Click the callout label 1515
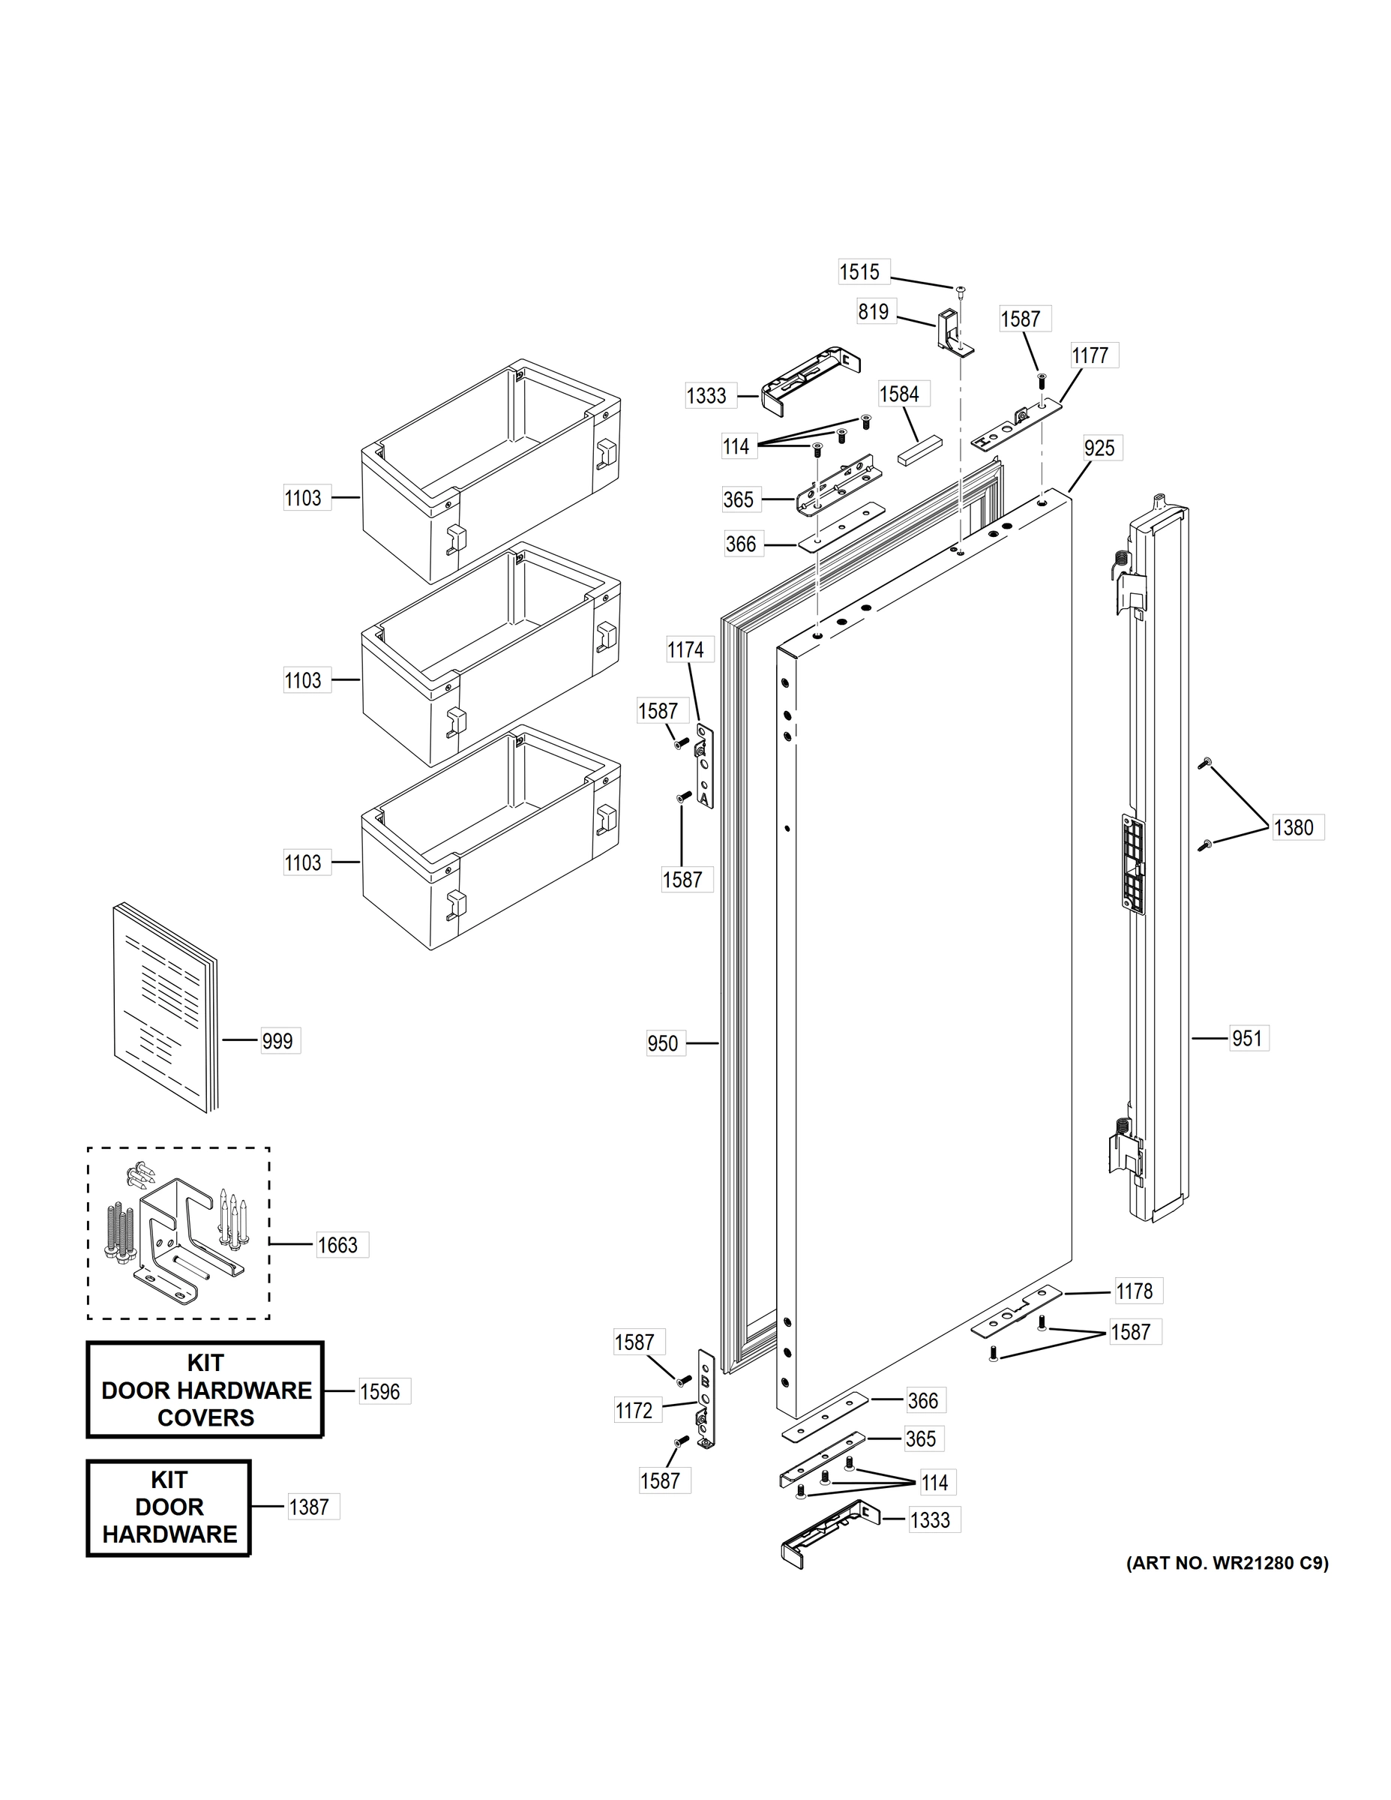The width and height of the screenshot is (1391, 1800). coord(859,272)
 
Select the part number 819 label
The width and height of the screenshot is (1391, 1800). coord(874,311)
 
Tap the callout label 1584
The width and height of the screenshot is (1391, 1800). coord(899,394)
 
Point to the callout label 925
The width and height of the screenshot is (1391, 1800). coord(1099,448)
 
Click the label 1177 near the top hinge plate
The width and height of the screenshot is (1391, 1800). coord(1090,356)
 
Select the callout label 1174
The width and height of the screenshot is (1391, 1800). coord(685,650)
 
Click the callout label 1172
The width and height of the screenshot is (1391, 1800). coord(634,1411)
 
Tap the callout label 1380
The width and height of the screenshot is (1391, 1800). coord(1293,827)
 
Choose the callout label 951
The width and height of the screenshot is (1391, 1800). coord(1247,1039)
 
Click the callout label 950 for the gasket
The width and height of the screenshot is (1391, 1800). coord(663,1044)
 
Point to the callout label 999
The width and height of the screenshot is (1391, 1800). coord(277,1042)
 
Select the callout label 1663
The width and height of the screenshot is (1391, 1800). coord(338,1245)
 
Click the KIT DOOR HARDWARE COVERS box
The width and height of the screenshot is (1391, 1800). coord(205,1390)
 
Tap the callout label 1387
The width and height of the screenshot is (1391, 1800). coord(309,1507)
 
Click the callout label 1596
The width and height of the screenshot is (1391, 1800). coord(380,1392)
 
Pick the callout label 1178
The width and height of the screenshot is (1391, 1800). coord(1134,1291)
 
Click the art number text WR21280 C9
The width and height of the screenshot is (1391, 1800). coord(1227,1564)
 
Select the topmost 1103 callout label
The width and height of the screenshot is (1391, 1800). coord(302,499)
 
